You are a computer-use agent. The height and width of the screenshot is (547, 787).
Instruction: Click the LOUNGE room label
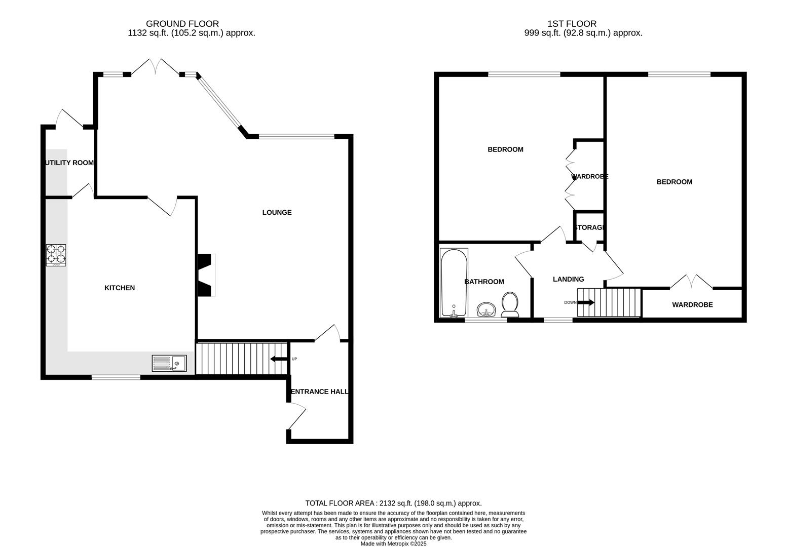click(277, 212)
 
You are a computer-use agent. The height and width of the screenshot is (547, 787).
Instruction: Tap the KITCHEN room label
click(120, 288)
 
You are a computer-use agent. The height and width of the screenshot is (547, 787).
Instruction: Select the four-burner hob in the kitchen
click(56, 255)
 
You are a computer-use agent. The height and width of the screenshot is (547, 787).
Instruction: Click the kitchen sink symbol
click(169, 363)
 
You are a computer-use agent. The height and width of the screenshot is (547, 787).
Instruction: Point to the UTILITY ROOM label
click(69, 163)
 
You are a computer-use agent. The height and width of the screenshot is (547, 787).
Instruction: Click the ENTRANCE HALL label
click(319, 392)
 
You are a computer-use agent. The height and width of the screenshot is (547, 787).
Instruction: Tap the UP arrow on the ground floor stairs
click(277, 359)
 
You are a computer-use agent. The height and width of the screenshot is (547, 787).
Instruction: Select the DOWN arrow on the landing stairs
click(585, 302)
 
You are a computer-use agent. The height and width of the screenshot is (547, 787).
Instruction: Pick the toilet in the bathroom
click(509, 304)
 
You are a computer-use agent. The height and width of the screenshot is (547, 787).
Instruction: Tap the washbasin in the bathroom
click(487, 309)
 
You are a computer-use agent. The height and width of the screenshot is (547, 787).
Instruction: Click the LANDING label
click(568, 279)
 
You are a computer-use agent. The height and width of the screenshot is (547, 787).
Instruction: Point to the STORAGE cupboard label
click(589, 227)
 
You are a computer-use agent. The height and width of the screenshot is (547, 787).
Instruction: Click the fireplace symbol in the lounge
click(206, 275)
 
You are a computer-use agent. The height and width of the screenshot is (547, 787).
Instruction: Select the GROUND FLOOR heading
click(182, 24)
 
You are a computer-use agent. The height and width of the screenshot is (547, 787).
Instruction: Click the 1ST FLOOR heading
click(572, 24)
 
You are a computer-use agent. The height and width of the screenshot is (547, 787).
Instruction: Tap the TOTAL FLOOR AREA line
click(393, 503)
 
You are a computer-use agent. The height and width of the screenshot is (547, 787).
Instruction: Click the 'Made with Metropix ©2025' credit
click(393, 543)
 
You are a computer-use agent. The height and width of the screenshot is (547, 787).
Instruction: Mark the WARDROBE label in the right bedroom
click(692, 304)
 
